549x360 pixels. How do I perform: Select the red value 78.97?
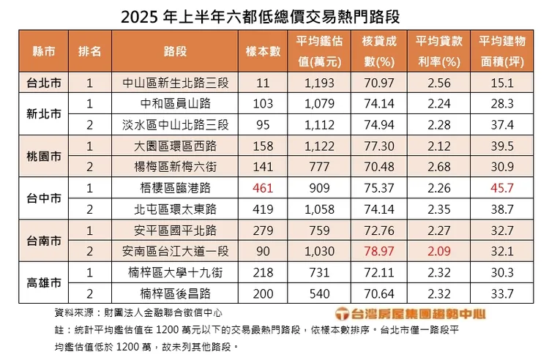[x=378, y=250]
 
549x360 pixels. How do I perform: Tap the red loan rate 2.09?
[x=436, y=250]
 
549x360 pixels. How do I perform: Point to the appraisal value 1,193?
[x=319, y=83]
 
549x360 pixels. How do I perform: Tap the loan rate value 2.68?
[x=436, y=167]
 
